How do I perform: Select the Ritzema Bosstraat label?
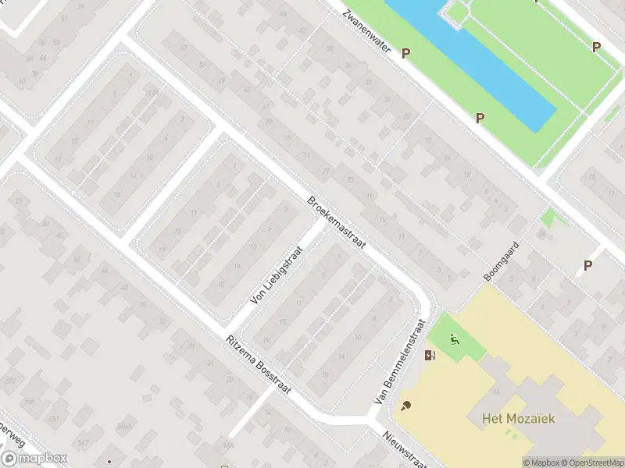pos(258,365)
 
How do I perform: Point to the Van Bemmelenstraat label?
pos(400,360)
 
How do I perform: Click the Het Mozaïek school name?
pos(513,419)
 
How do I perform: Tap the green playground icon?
pos(455,339)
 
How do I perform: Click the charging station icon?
pos(430,356)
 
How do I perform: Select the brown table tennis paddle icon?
pos(405,406)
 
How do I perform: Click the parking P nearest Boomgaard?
pos(587,265)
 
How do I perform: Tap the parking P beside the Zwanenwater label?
pos(405,53)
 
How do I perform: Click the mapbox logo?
pos(34,459)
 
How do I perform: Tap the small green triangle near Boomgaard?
pos(552,216)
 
